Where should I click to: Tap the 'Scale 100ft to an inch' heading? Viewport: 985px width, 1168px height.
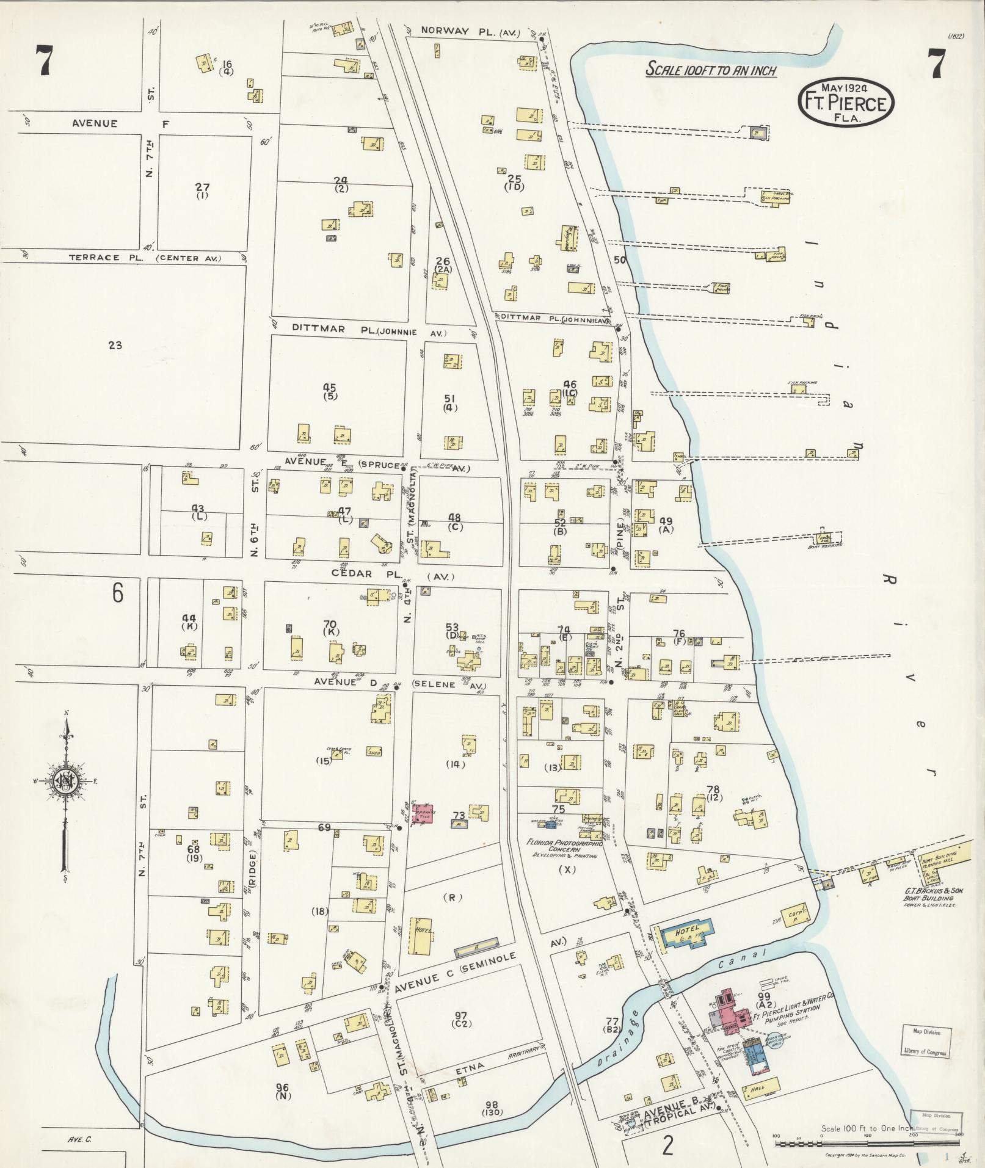pos(711,70)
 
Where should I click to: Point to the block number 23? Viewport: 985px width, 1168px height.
pos(115,345)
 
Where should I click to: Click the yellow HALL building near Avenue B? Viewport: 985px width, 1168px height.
pos(760,1087)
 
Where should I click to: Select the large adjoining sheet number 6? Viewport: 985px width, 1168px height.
pos(118,593)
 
